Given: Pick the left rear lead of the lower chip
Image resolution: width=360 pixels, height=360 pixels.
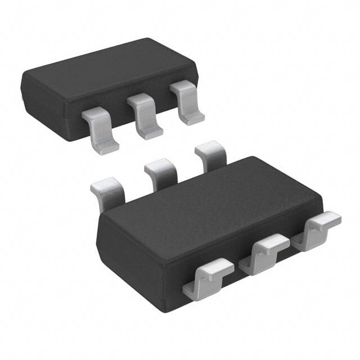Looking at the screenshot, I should (108, 191).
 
